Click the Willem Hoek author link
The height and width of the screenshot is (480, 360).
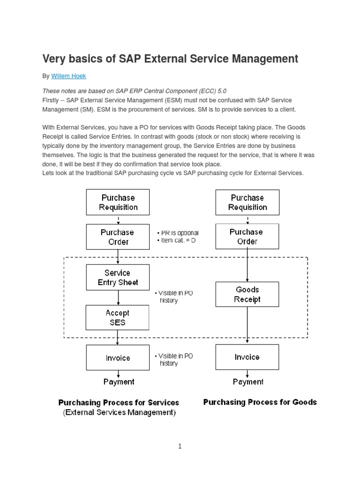(x=68, y=76)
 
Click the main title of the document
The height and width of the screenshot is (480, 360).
(x=170, y=59)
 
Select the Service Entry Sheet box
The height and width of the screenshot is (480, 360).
(x=118, y=277)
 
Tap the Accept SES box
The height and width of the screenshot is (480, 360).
(x=118, y=317)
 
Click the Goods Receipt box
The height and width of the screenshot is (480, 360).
(x=247, y=294)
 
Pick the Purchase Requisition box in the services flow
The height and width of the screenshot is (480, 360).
(x=118, y=202)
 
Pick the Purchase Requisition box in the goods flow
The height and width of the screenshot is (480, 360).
(x=247, y=202)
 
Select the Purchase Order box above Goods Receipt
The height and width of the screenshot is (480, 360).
(x=247, y=236)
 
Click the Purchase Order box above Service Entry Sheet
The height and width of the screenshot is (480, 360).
(x=118, y=237)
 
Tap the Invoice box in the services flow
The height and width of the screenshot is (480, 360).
(x=118, y=358)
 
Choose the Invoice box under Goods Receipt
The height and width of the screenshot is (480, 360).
(x=247, y=357)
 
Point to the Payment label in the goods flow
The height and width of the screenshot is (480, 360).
(x=248, y=382)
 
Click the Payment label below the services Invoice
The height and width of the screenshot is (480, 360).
(x=119, y=382)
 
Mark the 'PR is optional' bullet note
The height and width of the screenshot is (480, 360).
(x=178, y=233)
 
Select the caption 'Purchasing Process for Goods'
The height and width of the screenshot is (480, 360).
(x=260, y=402)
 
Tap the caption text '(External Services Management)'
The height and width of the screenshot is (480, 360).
(x=119, y=412)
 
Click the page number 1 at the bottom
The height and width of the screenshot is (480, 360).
(x=180, y=446)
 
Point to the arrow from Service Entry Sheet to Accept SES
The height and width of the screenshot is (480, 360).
(x=118, y=298)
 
